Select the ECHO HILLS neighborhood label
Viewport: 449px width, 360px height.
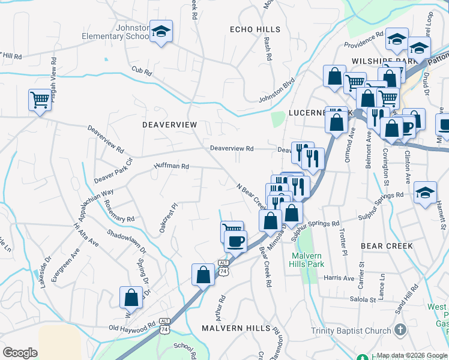click(x=255, y=29)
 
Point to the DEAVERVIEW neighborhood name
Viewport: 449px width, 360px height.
click(x=169, y=125)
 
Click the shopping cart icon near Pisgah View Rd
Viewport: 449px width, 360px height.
click(x=40, y=99)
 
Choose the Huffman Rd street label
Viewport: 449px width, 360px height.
click(x=172, y=166)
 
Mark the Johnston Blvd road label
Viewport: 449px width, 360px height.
click(x=277, y=90)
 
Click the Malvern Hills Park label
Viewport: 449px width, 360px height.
click(x=312, y=260)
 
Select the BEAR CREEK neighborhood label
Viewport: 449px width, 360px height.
click(x=387, y=246)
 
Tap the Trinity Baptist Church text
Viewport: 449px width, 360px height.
click(x=351, y=331)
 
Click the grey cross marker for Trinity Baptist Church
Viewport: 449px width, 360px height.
click(x=400, y=330)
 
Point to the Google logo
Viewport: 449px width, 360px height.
click(x=20, y=352)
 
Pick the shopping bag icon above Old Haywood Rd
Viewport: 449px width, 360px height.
click(x=131, y=297)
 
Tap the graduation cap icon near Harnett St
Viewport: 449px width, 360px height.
click(x=425, y=193)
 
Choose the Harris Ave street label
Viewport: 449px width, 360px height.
click(x=339, y=278)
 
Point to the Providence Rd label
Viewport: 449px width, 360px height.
click(x=364, y=40)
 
